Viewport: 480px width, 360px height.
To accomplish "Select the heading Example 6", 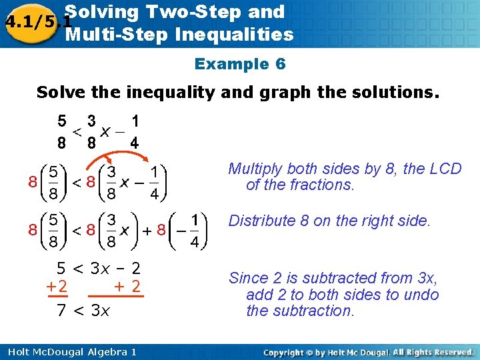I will (x=240, y=64).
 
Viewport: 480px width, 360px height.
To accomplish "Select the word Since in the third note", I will (x=248, y=279).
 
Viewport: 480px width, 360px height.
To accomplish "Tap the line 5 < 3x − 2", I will (x=98, y=269).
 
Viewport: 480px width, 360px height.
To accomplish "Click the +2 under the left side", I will (x=57, y=287).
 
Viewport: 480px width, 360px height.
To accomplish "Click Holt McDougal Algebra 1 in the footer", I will (x=69, y=351).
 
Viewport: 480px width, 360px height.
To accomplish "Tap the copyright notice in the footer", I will (x=368, y=351).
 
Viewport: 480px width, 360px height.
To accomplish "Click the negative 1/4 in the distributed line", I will (x=189, y=230).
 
